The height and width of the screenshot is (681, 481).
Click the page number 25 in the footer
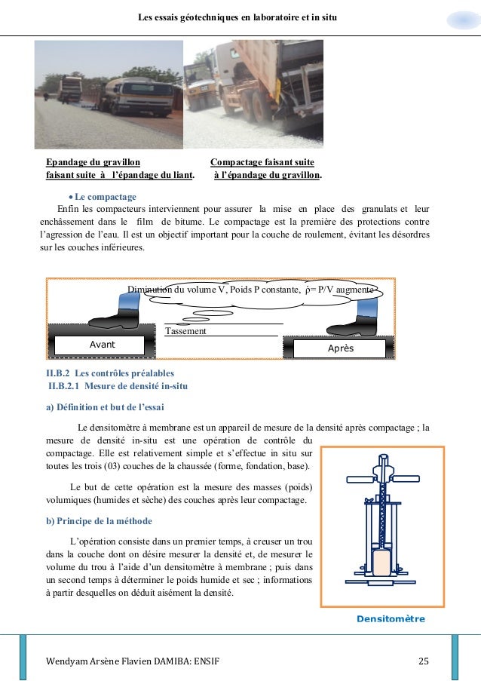(x=423, y=661)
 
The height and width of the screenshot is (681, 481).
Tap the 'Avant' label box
(x=97, y=345)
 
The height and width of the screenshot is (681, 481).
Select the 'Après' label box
(x=340, y=349)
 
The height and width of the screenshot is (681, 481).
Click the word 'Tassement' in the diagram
(x=185, y=330)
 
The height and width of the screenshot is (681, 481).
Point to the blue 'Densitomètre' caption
(x=391, y=618)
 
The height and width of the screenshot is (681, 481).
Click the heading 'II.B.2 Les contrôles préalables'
(x=110, y=373)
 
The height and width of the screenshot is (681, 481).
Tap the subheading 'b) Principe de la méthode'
(x=99, y=520)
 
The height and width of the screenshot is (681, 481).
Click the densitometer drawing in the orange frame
(x=381, y=526)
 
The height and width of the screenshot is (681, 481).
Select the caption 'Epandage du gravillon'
(x=91, y=162)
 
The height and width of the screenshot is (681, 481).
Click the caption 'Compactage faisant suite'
(x=262, y=162)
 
